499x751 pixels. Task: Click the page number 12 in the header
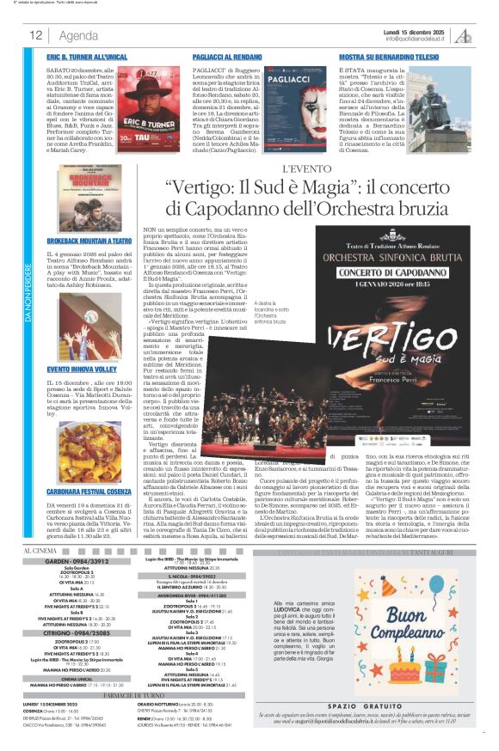(36, 35)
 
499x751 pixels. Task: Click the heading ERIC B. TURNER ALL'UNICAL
(87, 57)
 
